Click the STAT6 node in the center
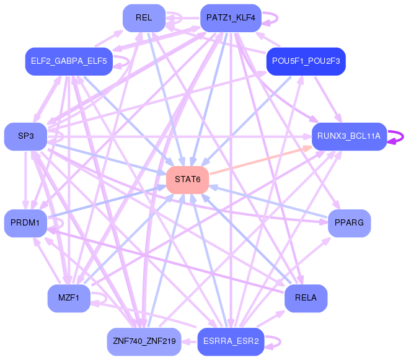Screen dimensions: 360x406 (187, 180)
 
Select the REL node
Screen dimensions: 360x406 (144, 18)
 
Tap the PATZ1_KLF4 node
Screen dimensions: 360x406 (231, 18)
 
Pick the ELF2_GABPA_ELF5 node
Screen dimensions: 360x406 (68, 61)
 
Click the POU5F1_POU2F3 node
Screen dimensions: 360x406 (306, 61)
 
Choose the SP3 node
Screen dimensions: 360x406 (26, 136)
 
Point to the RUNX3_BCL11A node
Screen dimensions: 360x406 (349, 136)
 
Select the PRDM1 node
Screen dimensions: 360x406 (25, 223)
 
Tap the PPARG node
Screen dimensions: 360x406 (349, 223)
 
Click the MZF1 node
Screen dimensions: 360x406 (69, 298)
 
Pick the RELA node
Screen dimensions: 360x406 (306, 298)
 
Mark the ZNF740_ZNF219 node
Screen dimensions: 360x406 (144, 341)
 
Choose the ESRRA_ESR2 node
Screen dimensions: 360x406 (231, 341)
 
